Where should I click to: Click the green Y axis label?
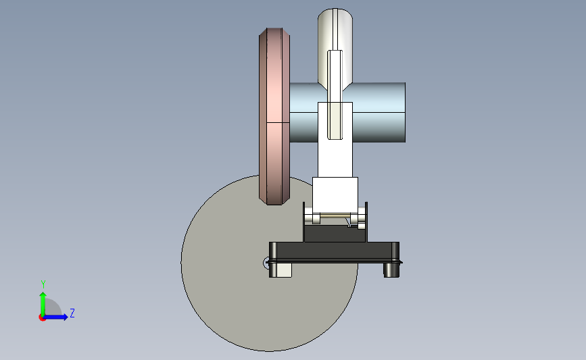43,284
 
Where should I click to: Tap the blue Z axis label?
72,313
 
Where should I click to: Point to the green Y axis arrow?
43,305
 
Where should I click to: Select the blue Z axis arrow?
55,317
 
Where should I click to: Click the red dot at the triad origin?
42,317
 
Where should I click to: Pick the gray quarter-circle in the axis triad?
53,308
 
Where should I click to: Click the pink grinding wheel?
274,116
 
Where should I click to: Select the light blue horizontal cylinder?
377,112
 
